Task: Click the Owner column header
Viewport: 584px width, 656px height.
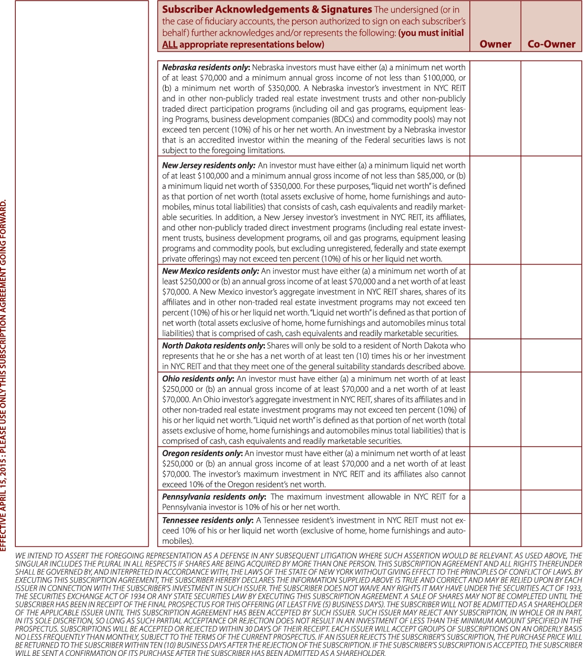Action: pyautogui.click(x=495, y=44)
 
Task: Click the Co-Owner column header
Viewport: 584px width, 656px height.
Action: pyautogui.click(x=551, y=44)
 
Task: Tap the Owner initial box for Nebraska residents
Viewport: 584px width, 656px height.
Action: pyautogui.click(x=495, y=108)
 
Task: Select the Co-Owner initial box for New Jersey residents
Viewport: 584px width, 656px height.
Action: pyautogui.click(x=551, y=210)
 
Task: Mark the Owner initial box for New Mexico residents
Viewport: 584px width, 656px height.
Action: pyautogui.click(x=495, y=302)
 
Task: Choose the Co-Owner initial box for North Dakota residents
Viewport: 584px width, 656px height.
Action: pyautogui.click(x=551, y=356)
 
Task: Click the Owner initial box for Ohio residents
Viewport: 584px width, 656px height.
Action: pyautogui.click(x=495, y=409)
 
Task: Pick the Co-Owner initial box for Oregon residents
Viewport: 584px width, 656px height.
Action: pyautogui.click(x=551, y=468)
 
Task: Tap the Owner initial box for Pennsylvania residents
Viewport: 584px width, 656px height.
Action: pyautogui.click(x=495, y=502)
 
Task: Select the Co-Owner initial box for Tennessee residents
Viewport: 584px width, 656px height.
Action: pyautogui.click(x=551, y=530)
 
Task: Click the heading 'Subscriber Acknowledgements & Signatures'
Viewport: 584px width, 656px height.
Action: pyautogui.click(x=267, y=9)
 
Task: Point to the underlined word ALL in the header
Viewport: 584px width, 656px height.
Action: pyautogui.click(x=170, y=45)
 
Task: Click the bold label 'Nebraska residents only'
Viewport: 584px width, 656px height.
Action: pyautogui.click(x=206, y=67)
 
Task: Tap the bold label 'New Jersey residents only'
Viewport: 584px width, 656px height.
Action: pyautogui.click(x=208, y=165)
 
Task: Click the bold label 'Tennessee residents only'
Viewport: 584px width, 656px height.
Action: pyautogui.click(x=207, y=520)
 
